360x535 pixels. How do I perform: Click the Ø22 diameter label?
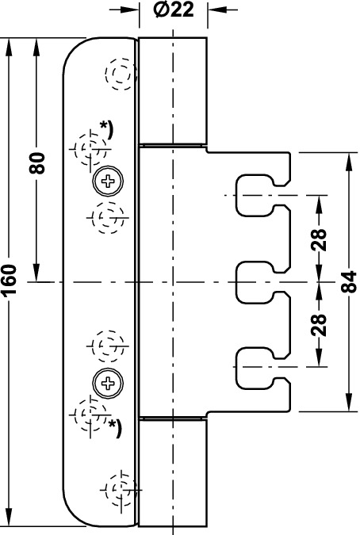174,10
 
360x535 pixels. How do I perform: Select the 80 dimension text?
37,163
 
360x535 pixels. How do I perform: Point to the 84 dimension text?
349,282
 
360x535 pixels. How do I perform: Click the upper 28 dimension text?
320,240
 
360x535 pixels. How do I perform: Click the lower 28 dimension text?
320,324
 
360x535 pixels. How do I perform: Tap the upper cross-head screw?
108,182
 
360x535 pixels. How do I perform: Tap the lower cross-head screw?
108,383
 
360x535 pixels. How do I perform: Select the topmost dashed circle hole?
118,74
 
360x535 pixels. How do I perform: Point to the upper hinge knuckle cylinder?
173,90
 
